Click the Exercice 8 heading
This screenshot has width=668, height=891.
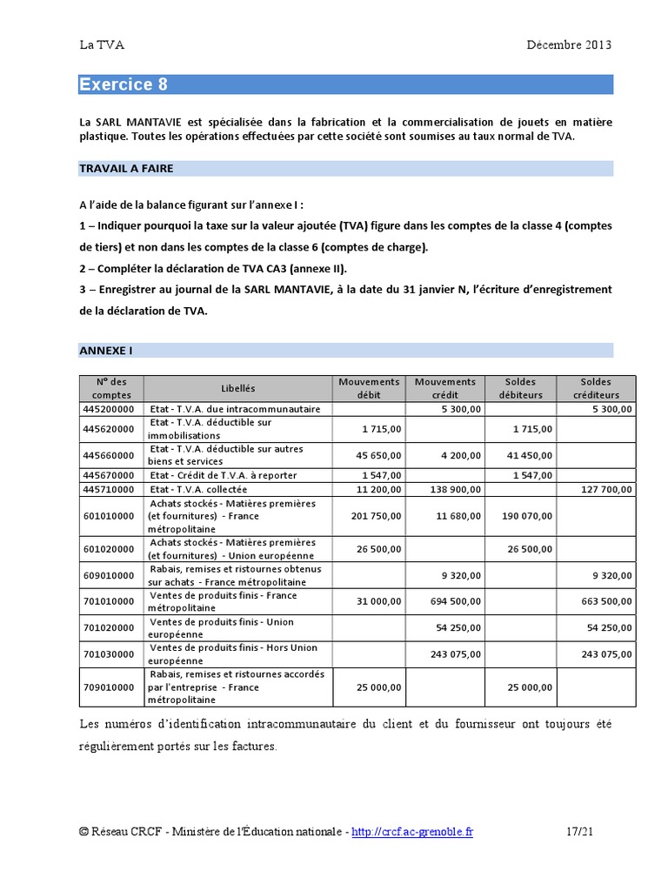(124, 84)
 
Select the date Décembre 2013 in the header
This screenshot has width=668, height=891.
(569, 45)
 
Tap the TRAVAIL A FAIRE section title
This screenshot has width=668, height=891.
(126, 169)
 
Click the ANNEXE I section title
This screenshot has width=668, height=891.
(106, 350)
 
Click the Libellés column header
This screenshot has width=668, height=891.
(237, 388)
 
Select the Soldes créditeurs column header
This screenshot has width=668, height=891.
(597, 388)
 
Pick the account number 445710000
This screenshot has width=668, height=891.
(109, 490)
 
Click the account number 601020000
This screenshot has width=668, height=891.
(109, 549)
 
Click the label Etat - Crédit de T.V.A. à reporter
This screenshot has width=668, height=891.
(224, 476)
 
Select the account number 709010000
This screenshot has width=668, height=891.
(109, 687)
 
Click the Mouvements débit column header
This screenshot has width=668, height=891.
(369, 388)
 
